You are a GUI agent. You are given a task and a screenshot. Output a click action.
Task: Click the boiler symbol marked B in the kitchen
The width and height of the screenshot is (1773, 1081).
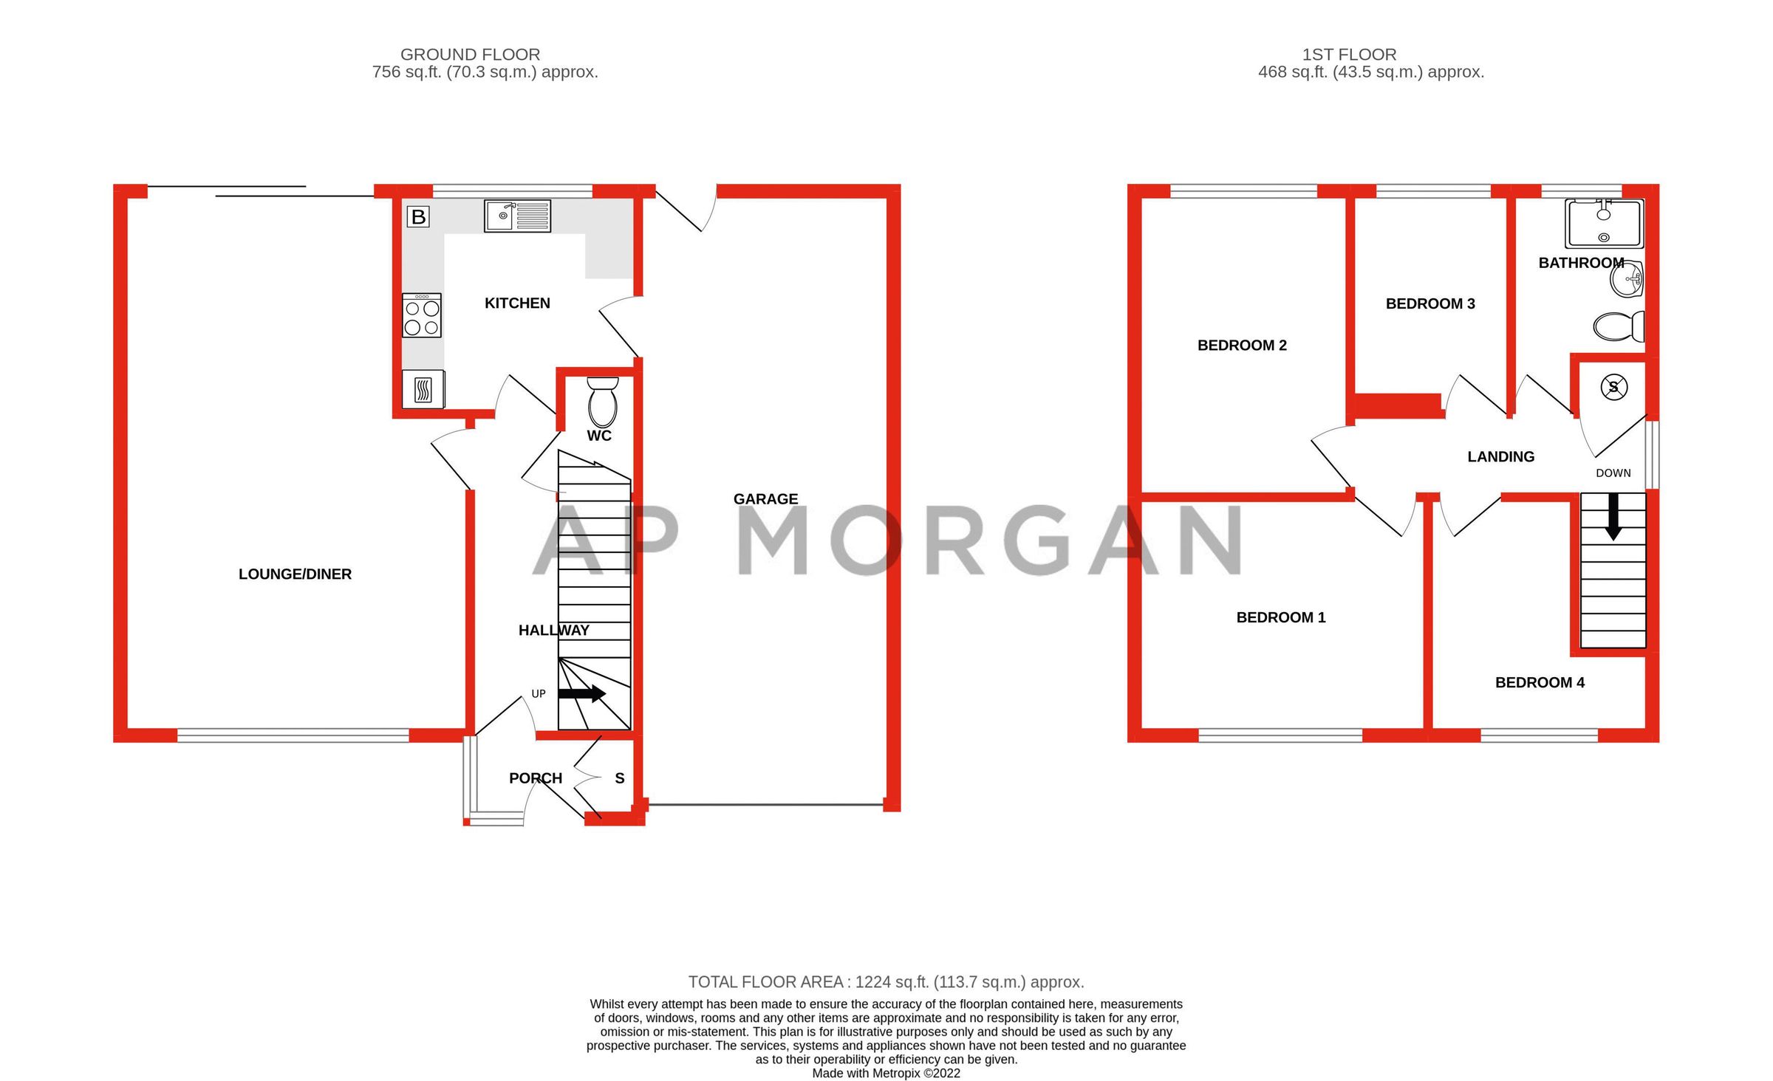(418, 217)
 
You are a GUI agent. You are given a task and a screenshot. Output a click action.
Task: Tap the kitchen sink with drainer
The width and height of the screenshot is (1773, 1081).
(517, 216)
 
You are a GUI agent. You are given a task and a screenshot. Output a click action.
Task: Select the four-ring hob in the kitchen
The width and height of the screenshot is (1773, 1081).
(422, 316)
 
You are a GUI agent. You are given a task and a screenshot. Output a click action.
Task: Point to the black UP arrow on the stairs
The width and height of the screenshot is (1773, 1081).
(582, 693)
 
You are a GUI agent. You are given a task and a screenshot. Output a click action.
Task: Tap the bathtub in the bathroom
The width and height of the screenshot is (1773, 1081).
(1604, 224)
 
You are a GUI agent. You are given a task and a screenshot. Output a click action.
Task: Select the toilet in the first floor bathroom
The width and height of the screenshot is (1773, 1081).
(1619, 326)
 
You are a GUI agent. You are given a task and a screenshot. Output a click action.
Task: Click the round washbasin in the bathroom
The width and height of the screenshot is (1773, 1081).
(1628, 280)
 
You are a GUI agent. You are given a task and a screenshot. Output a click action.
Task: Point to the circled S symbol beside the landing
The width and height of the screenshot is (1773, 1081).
(1614, 387)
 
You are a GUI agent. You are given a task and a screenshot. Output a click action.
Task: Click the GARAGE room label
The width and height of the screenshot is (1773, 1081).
(765, 499)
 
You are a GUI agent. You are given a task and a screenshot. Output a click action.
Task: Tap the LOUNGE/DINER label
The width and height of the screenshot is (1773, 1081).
(295, 574)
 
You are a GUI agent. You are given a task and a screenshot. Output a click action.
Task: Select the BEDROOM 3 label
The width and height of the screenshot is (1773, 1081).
(1430, 303)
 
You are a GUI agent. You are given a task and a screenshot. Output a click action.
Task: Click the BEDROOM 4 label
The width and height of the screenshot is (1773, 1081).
(1540, 683)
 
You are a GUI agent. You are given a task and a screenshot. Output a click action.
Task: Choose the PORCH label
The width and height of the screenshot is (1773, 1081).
(536, 778)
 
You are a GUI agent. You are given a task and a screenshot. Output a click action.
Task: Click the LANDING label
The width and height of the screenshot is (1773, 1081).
(1500, 457)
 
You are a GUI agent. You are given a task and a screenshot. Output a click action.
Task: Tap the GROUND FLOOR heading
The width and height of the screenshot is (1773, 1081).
(470, 55)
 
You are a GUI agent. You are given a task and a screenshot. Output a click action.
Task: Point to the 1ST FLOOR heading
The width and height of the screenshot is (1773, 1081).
(1349, 55)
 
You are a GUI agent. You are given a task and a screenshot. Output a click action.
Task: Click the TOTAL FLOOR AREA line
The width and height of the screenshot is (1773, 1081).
(886, 982)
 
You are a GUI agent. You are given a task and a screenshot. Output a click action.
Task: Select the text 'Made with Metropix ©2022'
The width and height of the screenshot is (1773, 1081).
(886, 1074)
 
